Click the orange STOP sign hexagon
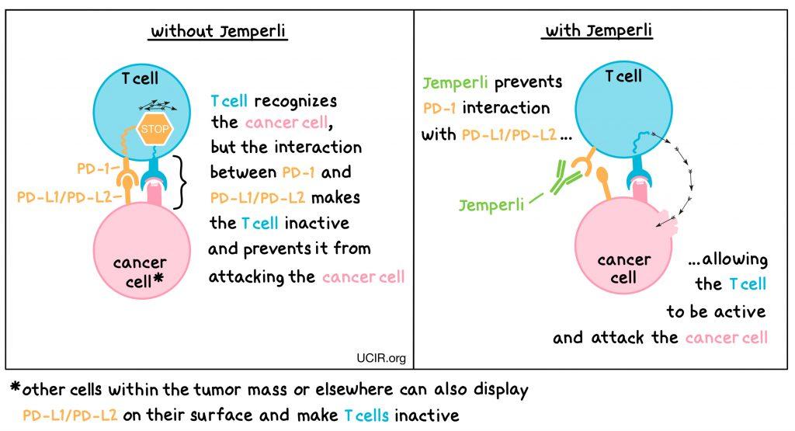pos(154,129)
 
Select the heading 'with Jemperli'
pos(599,32)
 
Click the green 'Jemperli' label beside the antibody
pos(489,206)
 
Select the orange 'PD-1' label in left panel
pos(95,168)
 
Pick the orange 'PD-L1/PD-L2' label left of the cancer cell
pos(64,197)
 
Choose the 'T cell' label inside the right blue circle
pos(623,76)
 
